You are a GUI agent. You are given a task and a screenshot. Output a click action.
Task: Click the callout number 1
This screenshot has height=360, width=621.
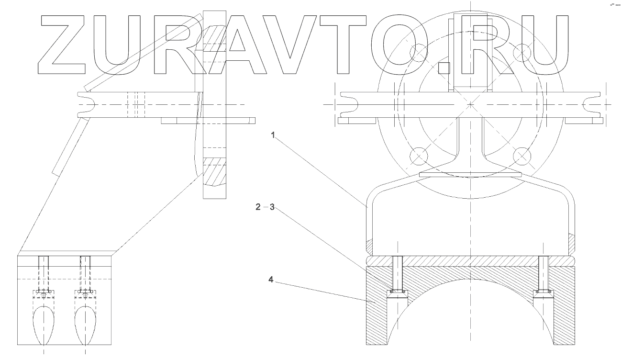[x=273, y=135]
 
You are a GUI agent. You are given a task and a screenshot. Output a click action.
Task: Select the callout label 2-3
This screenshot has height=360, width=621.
[x=265, y=207]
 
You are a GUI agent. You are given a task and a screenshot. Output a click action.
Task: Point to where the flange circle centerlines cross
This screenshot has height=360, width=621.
[x=470, y=103]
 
